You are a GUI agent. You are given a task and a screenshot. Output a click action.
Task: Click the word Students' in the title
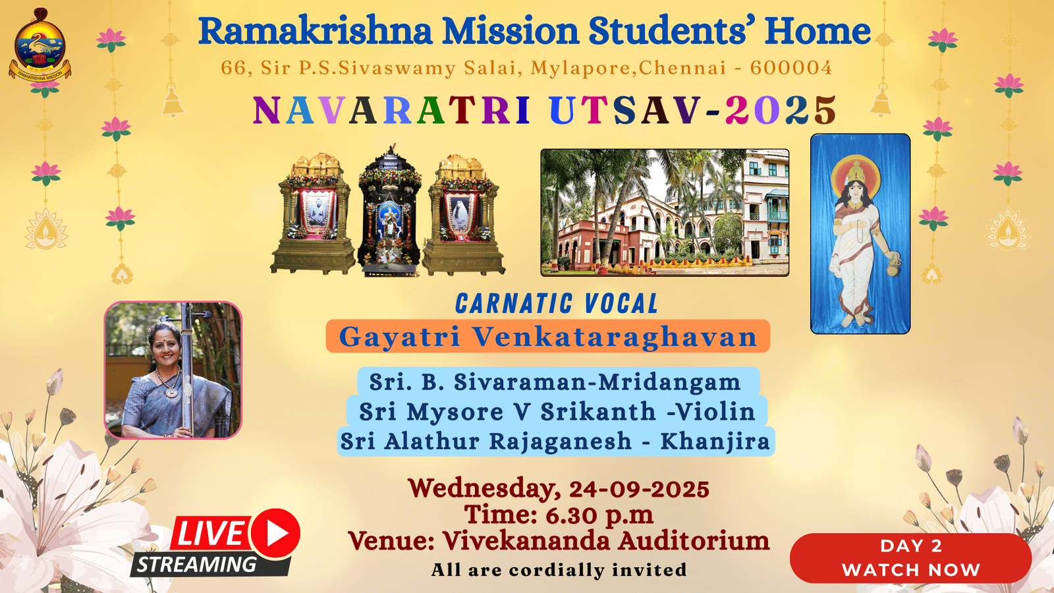[x=671, y=30]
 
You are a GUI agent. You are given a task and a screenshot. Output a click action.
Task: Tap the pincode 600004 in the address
[x=791, y=68]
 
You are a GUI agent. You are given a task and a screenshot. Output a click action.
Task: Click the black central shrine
[x=389, y=210]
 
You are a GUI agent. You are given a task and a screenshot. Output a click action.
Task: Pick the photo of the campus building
[x=665, y=212]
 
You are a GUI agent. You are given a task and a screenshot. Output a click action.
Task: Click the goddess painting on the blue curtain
[x=860, y=234]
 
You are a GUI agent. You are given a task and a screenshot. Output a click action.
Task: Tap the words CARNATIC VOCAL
[x=557, y=304]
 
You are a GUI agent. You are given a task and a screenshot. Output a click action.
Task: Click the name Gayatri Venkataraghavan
[x=547, y=337]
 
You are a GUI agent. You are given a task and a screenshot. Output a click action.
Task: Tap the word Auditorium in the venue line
[x=694, y=540]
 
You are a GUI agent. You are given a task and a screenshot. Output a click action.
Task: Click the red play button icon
[x=276, y=533]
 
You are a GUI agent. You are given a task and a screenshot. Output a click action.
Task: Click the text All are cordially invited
[x=559, y=570]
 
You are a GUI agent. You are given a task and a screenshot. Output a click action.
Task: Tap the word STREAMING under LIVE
[x=197, y=564]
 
